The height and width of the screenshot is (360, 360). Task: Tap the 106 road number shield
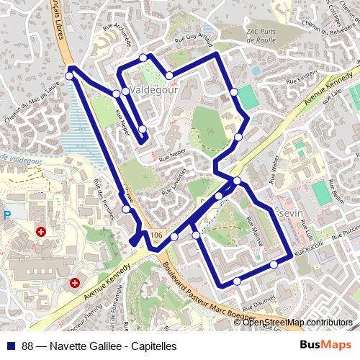click(158, 235)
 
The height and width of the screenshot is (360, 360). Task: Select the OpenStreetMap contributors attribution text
click(297, 322)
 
